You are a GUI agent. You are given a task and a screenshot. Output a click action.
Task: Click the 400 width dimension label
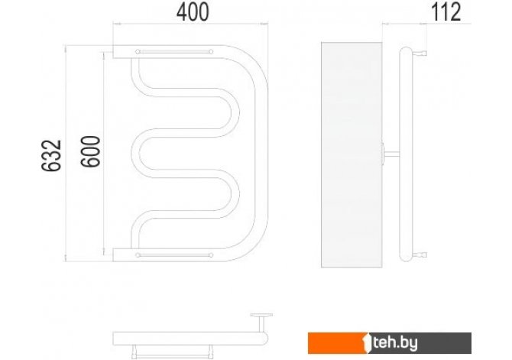193,12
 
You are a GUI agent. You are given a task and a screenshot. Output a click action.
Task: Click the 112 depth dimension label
446,12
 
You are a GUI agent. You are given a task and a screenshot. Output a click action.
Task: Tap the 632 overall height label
52,155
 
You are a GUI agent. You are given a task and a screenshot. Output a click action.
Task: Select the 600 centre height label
90,151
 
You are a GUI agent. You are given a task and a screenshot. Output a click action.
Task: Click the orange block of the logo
337,343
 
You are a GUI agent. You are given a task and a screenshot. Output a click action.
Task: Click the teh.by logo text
395,343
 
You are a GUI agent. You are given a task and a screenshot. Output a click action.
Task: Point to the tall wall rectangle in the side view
352,154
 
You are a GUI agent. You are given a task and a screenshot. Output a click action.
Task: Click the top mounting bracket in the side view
420,53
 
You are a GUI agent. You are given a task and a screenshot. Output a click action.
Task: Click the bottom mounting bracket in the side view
420,255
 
